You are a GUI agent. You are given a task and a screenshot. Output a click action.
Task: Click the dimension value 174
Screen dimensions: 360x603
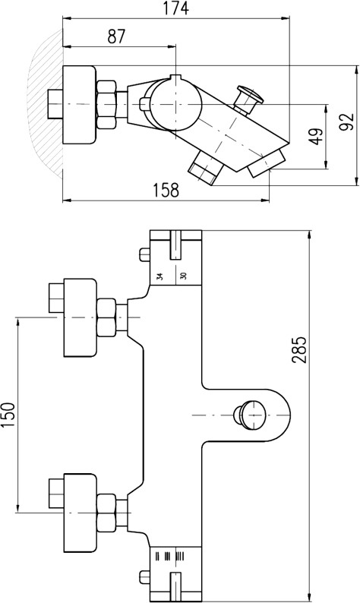click(x=175, y=8)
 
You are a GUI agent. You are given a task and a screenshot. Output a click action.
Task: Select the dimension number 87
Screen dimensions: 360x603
click(x=117, y=36)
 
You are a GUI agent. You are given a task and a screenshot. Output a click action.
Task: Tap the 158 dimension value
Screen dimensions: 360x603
click(x=166, y=190)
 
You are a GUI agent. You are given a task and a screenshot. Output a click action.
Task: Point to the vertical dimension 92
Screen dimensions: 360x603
click(x=349, y=122)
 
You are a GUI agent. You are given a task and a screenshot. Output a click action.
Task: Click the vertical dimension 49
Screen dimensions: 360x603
click(x=317, y=136)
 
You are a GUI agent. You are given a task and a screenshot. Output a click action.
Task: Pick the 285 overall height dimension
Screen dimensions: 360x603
click(x=298, y=349)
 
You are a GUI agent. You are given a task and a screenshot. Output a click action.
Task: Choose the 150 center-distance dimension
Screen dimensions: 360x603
click(x=8, y=415)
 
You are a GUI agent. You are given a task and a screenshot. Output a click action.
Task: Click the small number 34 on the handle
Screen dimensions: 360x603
click(x=160, y=276)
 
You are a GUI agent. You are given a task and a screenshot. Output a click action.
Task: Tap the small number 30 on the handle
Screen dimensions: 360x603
click(x=184, y=276)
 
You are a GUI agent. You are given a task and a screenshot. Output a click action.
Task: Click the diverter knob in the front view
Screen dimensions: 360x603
click(x=249, y=415)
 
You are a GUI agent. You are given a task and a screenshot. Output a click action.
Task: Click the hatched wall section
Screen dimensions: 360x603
click(x=46, y=104)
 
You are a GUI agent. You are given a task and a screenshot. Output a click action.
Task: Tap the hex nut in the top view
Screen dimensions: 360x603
click(x=106, y=104)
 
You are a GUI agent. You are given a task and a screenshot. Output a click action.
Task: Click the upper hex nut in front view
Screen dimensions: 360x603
click(x=106, y=317)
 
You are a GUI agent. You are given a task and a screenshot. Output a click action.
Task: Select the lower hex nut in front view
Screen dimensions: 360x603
click(x=106, y=513)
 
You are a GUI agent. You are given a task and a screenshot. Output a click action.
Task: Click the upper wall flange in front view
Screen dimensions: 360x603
click(x=80, y=317)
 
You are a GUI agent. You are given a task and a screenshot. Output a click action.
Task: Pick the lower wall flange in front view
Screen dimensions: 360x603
click(x=80, y=513)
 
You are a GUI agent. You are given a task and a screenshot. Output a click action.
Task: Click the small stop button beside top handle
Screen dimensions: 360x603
click(x=144, y=254)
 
